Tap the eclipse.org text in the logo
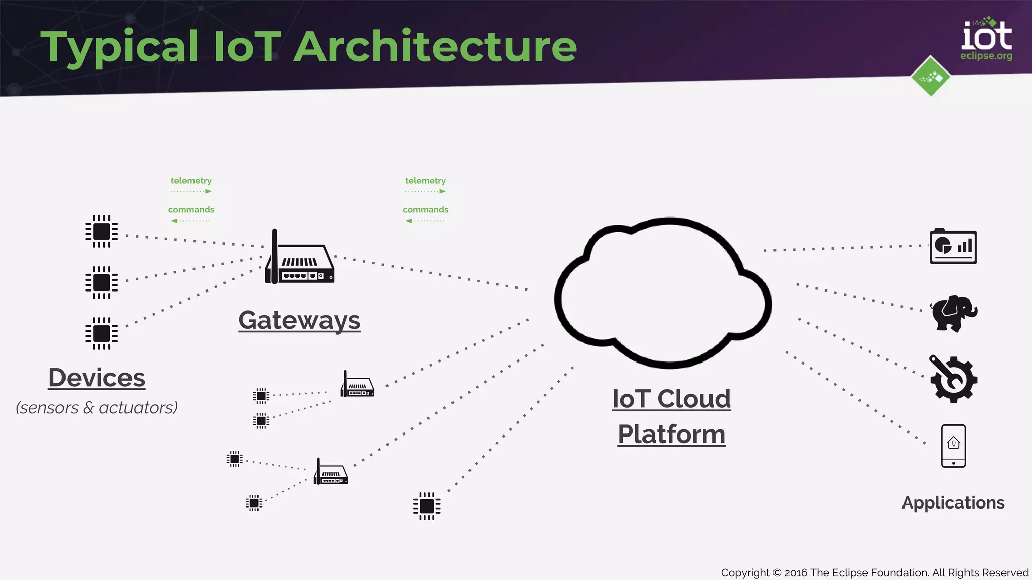[x=986, y=56]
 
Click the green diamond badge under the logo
[x=931, y=77]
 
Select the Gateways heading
[x=299, y=320]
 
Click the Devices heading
[x=97, y=378]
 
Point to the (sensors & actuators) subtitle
[x=97, y=407]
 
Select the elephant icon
[x=953, y=313]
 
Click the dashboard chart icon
[x=953, y=247]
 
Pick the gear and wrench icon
[x=953, y=379]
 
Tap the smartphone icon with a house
[x=953, y=446]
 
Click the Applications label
[x=953, y=503]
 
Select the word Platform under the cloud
[x=671, y=434]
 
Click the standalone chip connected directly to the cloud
[x=427, y=506]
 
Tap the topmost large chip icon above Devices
[x=101, y=232]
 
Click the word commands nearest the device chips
[x=191, y=210]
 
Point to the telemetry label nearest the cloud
[x=425, y=181]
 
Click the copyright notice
[x=874, y=573]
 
